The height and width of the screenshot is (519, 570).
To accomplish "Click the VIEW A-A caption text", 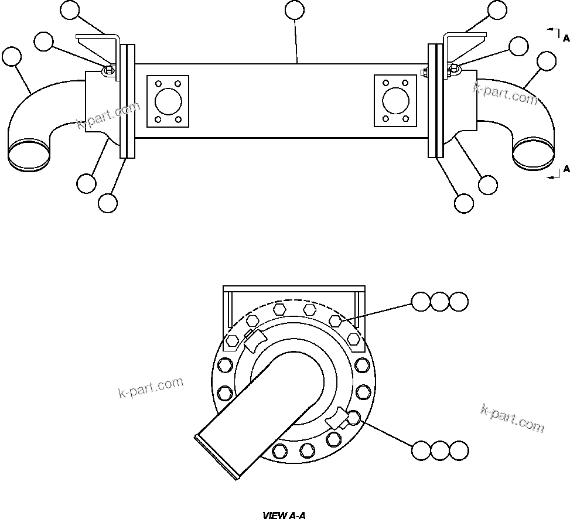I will click(x=284, y=515).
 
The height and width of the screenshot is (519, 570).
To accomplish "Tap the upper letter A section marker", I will click(x=566, y=39).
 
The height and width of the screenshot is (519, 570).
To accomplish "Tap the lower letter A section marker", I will click(x=566, y=169).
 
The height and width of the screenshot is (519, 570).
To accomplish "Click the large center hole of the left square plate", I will click(x=168, y=100).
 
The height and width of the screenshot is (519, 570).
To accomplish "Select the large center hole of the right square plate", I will click(x=395, y=100).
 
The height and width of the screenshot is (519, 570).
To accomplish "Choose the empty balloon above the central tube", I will click(x=294, y=9).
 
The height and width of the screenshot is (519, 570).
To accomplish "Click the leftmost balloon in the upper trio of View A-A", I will click(x=421, y=302).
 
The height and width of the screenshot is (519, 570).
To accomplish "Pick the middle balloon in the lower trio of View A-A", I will click(x=440, y=450).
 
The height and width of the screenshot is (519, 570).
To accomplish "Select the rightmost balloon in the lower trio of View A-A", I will click(x=459, y=450).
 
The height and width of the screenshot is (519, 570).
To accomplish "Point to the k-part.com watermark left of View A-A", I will click(x=151, y=387).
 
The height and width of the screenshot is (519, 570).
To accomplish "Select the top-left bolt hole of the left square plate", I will click(x=157, y=83).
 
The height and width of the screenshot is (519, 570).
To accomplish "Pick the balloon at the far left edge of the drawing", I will click(x=12, y=57).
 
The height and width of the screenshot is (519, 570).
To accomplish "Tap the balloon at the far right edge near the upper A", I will click(x=546, y=60).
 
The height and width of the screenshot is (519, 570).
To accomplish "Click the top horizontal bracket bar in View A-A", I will click(x=295, y=289).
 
